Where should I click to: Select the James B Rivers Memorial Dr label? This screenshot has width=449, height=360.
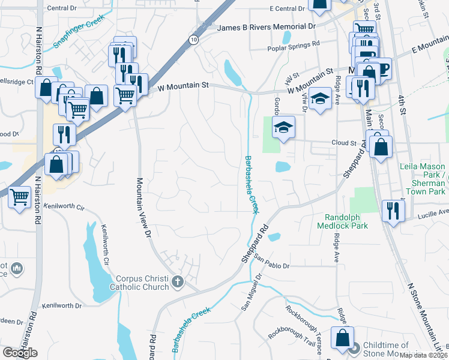[266, 28]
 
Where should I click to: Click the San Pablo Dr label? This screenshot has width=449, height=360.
[271, 262]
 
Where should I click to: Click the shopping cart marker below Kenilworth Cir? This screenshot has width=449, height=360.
[20, 196]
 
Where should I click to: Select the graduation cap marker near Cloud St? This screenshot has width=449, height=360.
[283, 127]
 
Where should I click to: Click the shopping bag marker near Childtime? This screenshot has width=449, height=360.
[342, 338]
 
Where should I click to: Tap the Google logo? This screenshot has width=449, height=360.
[20, 353]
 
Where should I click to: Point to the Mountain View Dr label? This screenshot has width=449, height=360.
[143, 207]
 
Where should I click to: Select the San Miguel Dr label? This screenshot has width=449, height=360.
[252, 292]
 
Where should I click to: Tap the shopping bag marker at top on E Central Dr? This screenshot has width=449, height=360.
[319, 5]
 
